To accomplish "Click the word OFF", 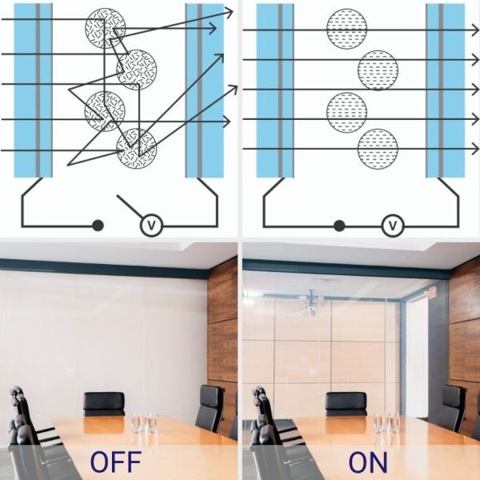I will click(x=116, y=462).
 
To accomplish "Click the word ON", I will click(x=368, y=462).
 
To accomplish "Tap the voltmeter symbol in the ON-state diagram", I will click(x=392, y=226).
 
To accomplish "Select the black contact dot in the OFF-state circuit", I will click(x=98, y=226).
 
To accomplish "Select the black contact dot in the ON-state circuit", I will click(x=339, y=226).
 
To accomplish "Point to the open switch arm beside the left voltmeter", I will click(x=131, y=206).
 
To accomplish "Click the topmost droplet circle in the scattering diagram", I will click(x=106, y=27).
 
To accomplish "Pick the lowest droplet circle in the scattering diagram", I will click(x=137, y=147).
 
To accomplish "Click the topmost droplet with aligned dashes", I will click(x=346, y=27).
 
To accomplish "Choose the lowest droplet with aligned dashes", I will click(x=378, y=147).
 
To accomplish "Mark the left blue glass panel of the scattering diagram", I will click(x=34, y=90).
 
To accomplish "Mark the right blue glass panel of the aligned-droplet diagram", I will click(x=446, y=90).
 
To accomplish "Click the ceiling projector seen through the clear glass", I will click(x=310, y=306).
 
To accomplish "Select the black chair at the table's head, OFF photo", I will click(x=104, y=403).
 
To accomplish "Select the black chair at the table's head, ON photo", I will click(x=346, y=403).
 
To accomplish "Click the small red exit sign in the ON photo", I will click(x=433, y=292).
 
